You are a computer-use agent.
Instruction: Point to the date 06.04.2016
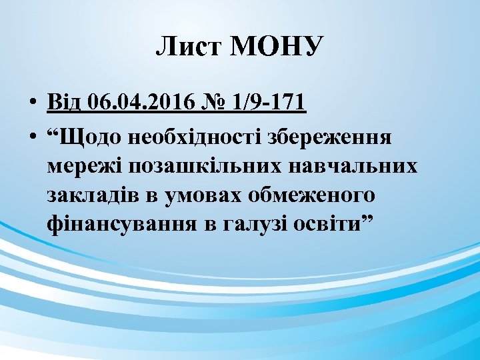coord(139,103)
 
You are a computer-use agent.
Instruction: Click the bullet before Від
coord(31,104)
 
